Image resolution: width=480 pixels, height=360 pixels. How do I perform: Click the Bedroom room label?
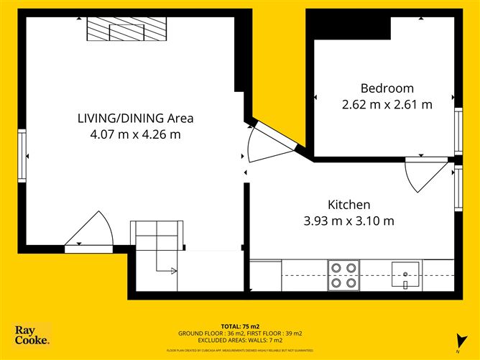[387, 88]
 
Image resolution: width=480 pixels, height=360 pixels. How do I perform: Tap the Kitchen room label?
[350, 204]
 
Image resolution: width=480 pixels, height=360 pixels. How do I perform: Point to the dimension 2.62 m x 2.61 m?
[387, 104]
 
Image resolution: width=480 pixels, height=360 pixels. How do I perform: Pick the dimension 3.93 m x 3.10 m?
[350, 221]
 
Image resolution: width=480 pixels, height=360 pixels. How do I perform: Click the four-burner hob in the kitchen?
[343, 274]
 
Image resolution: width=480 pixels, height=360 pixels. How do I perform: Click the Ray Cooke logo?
[32, 335]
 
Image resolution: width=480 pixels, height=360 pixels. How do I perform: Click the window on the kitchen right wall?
[458, 188]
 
